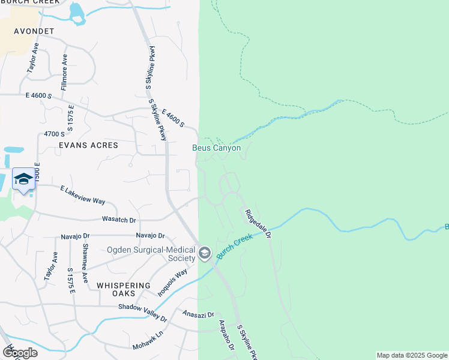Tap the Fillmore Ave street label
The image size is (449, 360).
[64, 71]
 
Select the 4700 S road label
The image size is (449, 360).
[54, 134]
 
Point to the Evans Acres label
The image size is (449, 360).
[88, 145]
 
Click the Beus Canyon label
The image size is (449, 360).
[216, 148]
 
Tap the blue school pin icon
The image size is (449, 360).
[23, 179]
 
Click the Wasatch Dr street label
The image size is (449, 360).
[120, 220]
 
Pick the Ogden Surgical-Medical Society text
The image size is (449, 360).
[151, 254]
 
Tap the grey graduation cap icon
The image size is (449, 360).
[205, 254]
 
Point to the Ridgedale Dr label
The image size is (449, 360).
[258, 222]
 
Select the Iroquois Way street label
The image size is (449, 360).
[172, 283]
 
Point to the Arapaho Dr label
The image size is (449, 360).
[226, 334]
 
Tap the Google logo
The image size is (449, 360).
[20, 352]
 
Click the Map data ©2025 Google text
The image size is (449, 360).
[412, 356]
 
